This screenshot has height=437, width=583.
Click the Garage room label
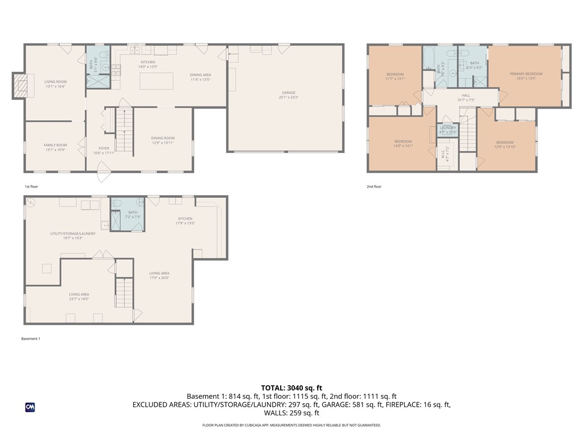click(288, 94)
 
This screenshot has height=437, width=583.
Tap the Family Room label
click(55, 147)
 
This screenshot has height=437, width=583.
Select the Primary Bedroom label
click(525, 76)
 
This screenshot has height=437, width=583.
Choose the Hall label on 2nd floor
click(466, 97)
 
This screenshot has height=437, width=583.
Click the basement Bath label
click(133, 215)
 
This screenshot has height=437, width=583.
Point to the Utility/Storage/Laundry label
click(72, 236)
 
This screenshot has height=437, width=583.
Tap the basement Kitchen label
click(185, 221)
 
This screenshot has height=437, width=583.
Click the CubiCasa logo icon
click(30, 407)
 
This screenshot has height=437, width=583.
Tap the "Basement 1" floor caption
click(31, 339)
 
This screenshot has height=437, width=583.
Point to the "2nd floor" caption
click(374, 187)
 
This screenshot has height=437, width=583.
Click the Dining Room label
click(163, 140)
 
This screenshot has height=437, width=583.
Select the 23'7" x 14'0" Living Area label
click(79, 296)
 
